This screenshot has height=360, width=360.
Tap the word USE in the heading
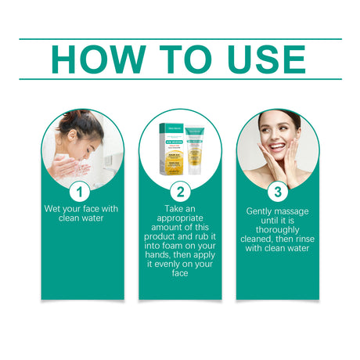click(x=258, y=59)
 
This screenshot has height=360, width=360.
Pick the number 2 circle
click(x=179, y=192)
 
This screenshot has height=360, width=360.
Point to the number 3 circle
click(x=277, y=192)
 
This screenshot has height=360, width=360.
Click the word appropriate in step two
click(x=179, y=221)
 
